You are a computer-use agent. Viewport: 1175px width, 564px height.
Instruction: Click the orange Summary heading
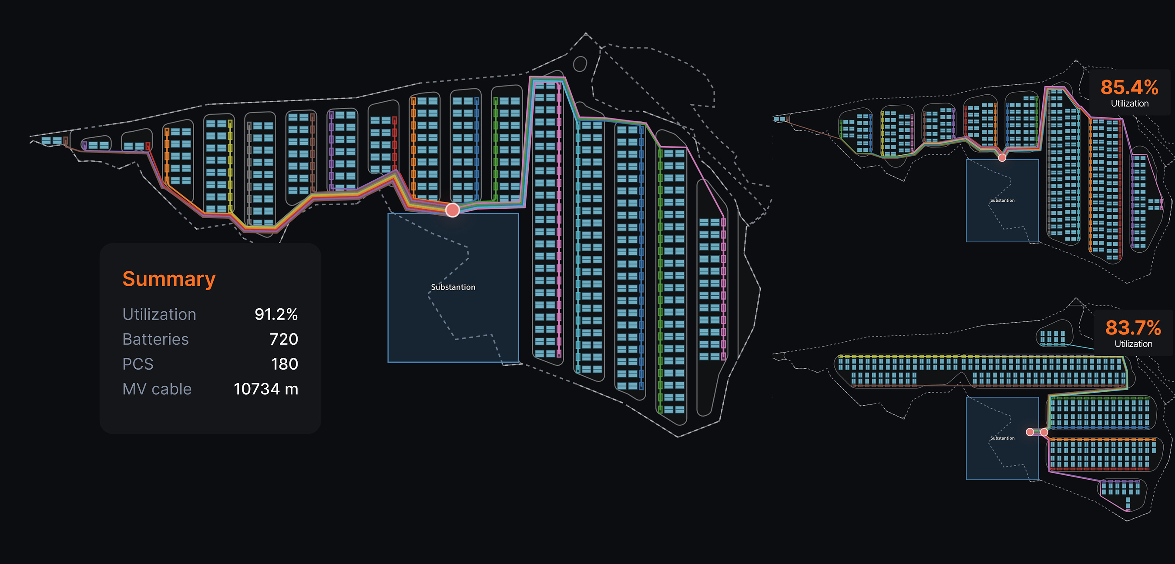click(169, 279)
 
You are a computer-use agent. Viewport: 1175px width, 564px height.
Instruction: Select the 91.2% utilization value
click(276, 314)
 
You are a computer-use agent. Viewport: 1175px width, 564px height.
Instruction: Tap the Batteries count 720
click(284, 339)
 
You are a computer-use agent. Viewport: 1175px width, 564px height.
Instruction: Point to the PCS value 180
click(285, 364)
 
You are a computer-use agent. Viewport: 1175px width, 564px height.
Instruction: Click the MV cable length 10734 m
click(266, 389)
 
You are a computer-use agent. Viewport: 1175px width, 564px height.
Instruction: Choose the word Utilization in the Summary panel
click(159, 314)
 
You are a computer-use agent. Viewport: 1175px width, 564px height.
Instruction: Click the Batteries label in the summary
click(155, 339)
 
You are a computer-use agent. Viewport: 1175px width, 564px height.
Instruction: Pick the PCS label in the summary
click(138, 364)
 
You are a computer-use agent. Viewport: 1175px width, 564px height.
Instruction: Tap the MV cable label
click(157, 389)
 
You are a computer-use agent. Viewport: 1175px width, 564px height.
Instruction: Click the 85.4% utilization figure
click(1129, 87)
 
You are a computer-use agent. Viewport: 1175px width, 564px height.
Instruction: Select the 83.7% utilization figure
click(1133, 327)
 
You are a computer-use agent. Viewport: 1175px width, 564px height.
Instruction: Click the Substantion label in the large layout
click(453, 287)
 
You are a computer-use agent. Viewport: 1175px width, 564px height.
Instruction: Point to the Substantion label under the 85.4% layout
click(1002, 200)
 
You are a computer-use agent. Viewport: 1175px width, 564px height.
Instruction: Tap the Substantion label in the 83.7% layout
click(1002, 438)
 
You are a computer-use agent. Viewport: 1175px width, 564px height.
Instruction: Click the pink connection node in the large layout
click(452, 210)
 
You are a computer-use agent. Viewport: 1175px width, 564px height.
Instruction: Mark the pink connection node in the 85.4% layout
click(1002, 158)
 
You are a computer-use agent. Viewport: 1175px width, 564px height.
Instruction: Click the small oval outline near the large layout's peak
click(580, 64)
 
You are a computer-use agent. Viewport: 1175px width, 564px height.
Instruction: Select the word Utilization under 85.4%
click(1129, 103)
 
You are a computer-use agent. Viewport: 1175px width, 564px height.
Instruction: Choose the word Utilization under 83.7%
click(1133, 344)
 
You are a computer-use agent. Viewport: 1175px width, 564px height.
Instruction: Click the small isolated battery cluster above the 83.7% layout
click(1053, 338)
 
